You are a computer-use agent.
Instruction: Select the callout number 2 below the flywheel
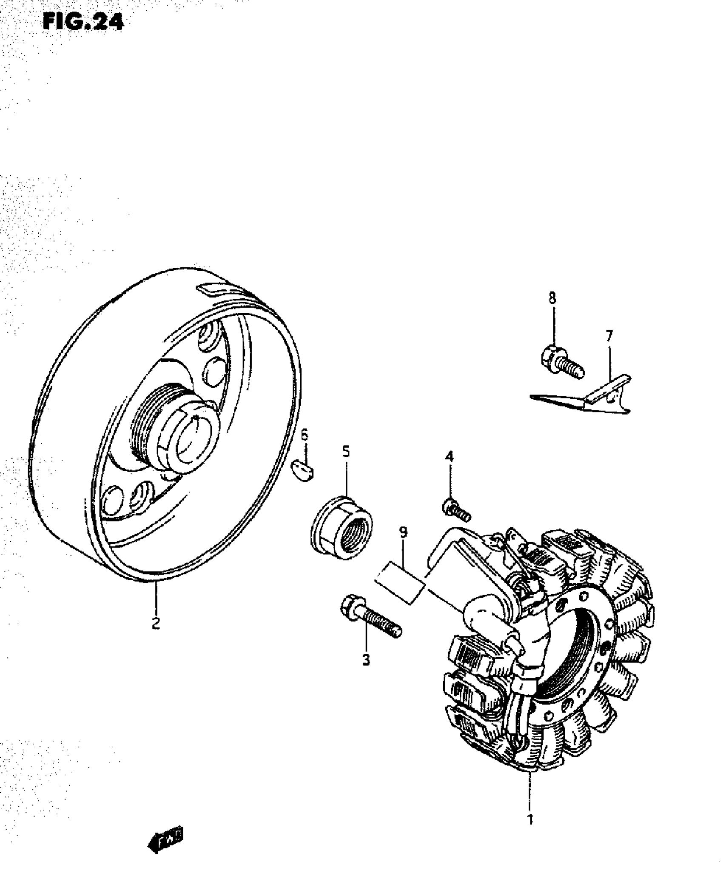156,624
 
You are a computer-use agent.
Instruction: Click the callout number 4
449,457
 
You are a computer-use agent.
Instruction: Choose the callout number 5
346,451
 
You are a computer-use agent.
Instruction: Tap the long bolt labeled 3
370,623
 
